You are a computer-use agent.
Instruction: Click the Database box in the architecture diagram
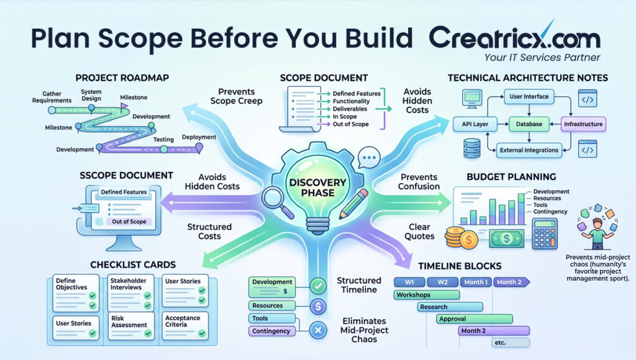point(529,124)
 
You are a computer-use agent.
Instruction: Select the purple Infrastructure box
point(583,124)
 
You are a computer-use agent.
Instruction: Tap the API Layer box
point(475,124)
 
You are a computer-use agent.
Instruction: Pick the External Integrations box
point(529,150)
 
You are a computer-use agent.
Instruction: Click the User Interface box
point(529,96)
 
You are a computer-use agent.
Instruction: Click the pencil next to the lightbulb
point(353,204)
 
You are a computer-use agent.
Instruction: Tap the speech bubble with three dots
point(369,157)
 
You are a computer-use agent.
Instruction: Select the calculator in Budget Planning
point(545,233)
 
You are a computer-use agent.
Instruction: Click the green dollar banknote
point(507,238)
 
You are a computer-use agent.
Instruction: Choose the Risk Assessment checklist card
point(130,326)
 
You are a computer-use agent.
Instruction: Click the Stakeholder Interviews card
point(130,293)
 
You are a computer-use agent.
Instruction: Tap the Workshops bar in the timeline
point(427,295)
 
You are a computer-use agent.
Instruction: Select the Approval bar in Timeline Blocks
point(475,318)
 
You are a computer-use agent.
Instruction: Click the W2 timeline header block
point(442,282)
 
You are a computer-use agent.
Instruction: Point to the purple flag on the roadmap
point(124,106)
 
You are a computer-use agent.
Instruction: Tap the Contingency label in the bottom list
point(271,331)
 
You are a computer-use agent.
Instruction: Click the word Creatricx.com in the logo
point(515,38)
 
